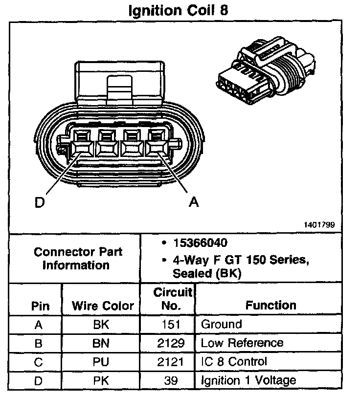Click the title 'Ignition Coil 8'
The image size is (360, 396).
(x=178, y=11)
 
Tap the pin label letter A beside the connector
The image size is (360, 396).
(x=194, y=202)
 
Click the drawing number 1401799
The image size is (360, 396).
(x=321, y=225)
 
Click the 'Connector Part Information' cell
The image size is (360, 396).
(x=78, y=259)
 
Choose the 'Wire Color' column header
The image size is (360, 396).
(x=103, y=306)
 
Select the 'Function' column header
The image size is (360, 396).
(x=270, y=306)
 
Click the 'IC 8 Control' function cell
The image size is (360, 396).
(x=234, y=361)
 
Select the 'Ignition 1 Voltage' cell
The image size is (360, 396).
(x=248, y=380)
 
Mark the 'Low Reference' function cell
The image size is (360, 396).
(x=242, y=342)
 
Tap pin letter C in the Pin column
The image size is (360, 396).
(x=38, y=361)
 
